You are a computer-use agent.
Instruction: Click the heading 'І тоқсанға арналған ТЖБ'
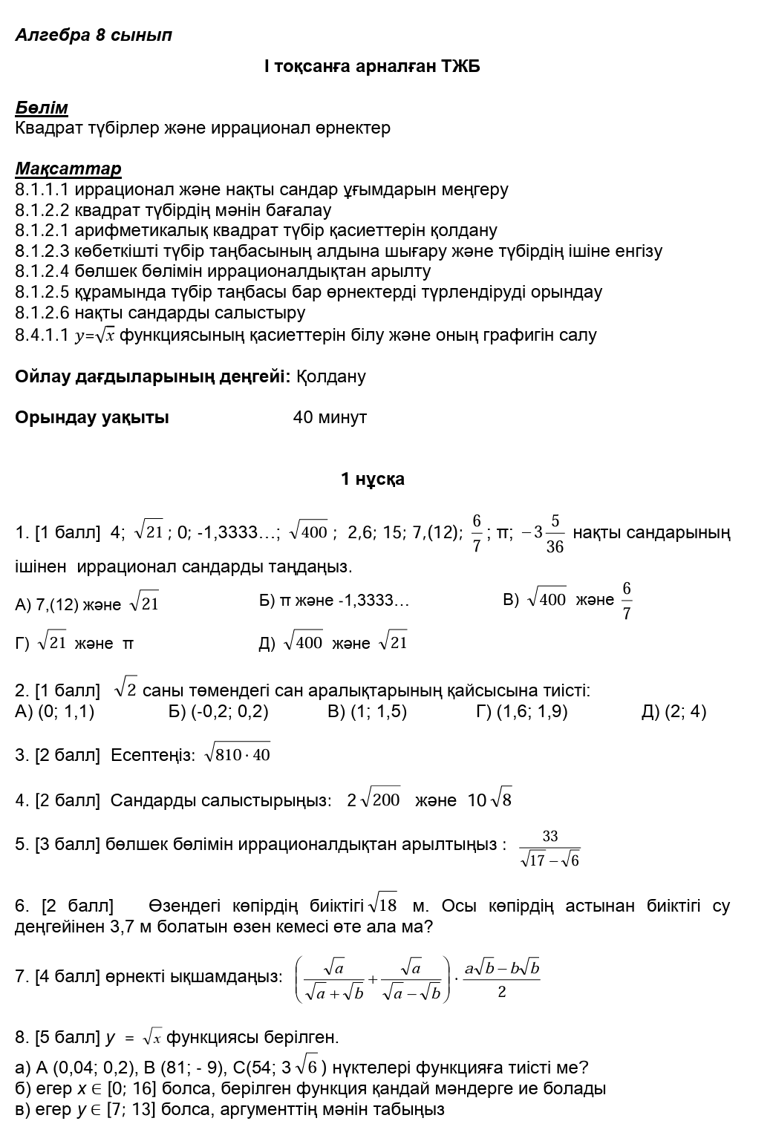coord(372,67)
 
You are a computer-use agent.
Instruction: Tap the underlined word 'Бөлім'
coord(42,108)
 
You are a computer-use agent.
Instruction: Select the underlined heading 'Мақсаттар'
coord(68,169)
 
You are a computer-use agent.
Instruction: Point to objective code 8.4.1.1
coord(42,336)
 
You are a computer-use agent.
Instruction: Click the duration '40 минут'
coord(330,417)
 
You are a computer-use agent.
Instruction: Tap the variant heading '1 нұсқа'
coord(373,479)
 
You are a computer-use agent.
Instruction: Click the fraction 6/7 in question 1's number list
coord(476,532)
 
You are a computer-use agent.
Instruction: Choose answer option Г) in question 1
coord(74,642)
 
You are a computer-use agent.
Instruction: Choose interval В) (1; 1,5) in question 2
coord(367,712)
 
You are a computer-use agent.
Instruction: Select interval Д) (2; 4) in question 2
coord(673,712)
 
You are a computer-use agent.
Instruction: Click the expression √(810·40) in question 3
coord(237,754)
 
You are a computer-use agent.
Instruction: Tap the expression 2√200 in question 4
coord(374,800)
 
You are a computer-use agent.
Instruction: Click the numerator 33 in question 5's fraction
coord(549,837)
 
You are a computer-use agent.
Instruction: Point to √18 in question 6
coord(383,905)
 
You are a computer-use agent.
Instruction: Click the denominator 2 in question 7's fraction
coord(502,992)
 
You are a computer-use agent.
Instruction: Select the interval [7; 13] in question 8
coord(131,1110)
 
